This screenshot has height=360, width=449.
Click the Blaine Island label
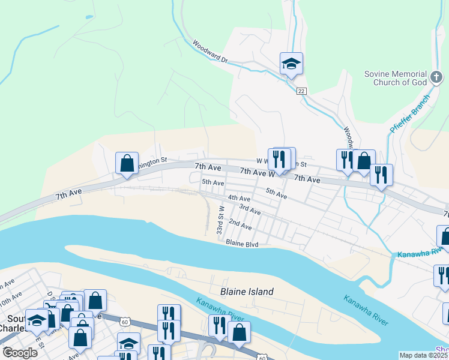[247, 292]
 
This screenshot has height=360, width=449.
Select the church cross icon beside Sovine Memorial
[437, 78]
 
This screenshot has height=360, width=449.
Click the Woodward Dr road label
[211, 52]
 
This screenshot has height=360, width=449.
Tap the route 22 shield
[301, 91]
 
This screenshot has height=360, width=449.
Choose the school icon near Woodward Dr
[291, 64]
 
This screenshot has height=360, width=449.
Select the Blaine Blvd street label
[242, 243]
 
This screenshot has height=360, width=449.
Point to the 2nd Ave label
[240, 224]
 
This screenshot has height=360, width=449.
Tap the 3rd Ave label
[250, 209]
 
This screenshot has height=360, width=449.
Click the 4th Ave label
[239, 198]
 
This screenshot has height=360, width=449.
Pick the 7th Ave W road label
[257, 172]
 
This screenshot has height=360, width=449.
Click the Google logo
[19, 353]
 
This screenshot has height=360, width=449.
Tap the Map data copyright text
[423, 355]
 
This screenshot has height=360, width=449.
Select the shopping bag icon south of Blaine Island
[239, 332]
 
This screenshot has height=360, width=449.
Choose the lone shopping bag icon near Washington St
[127, 163]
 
